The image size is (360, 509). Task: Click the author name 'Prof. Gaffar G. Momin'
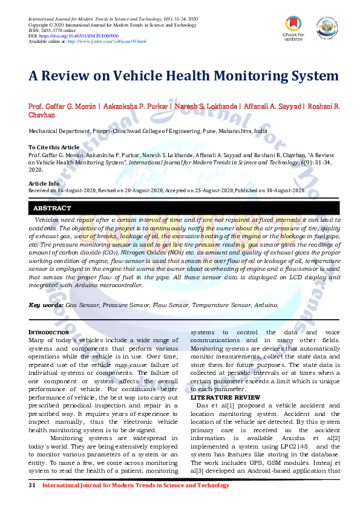(x=62, y=106)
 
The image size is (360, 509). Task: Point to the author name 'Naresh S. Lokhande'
(x=206, y=106)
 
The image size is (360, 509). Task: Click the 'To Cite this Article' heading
(x=54, y=147)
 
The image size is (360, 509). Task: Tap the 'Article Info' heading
(x=44, y=183)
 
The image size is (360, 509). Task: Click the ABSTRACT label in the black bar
(x=52, y=208)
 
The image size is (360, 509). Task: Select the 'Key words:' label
(x=46, y=305)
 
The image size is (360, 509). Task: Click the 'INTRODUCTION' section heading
(x=49, y=332)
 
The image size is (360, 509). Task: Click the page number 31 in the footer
(x=33, y=485)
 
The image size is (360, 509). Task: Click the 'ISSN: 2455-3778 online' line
(x=52, y=31)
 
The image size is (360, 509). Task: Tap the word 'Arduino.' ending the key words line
(x=266, y=305)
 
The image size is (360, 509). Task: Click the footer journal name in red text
(x=127, y=485)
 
